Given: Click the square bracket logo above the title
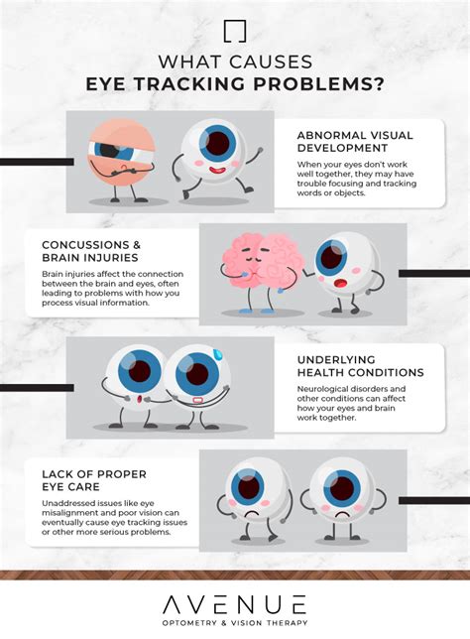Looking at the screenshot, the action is pos(235,31).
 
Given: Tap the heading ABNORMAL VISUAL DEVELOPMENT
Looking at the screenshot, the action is pos(355,142).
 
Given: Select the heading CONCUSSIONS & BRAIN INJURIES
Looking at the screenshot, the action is pos(91,251).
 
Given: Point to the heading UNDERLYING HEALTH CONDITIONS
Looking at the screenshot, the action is pos(361,366).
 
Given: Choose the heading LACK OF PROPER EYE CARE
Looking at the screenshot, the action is pos(94,480).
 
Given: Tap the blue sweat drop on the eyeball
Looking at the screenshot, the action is pos(219,354).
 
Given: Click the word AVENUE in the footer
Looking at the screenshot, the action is pos(235,604).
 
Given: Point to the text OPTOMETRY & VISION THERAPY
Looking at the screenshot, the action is pos(235,623).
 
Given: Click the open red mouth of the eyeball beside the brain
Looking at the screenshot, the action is pos(339,283).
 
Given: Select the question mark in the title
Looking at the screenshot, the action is pos(379,84).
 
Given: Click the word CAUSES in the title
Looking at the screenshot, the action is pos(271,63).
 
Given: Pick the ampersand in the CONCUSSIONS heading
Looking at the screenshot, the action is pos(136,245).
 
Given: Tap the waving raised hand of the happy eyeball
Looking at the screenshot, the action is pos(258,151).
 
